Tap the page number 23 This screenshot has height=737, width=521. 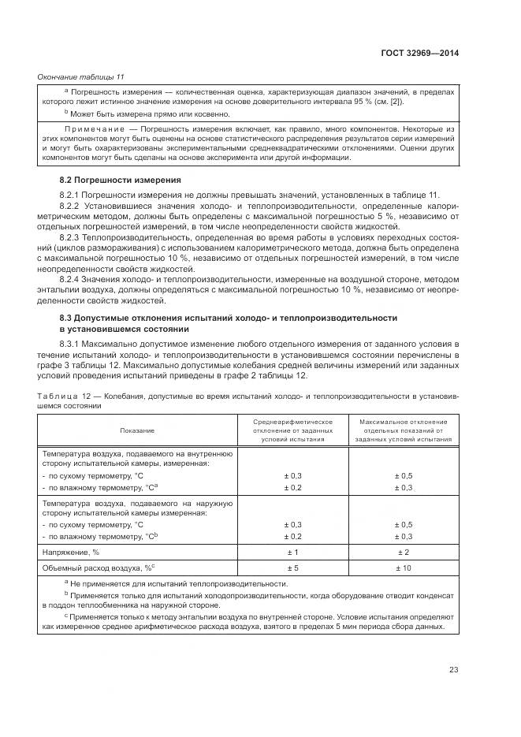pyautogui.click(x=453, y=670)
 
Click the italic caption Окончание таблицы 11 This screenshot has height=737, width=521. pyautogui.click(x=81, y=76)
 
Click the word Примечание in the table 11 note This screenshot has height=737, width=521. pyautogui.click(x=93, y=128)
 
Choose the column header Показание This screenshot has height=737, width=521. pyautogui.click(x=138, y=430)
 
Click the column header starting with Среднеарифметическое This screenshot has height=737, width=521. pyautogui.click(x=292, y=430)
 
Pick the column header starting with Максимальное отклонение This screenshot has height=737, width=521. pyautogui.click(x=403, y=430)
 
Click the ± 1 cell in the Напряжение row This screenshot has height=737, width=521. pyautogui.click(x=292, y=552)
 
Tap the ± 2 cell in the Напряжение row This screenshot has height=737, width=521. pyautogui.click(x=403, y=552)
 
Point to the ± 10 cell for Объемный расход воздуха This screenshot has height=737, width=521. pyautogui.click(x=403, y=568)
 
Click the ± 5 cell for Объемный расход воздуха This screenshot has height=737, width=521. pyautogui.click(x=292, y=568)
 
